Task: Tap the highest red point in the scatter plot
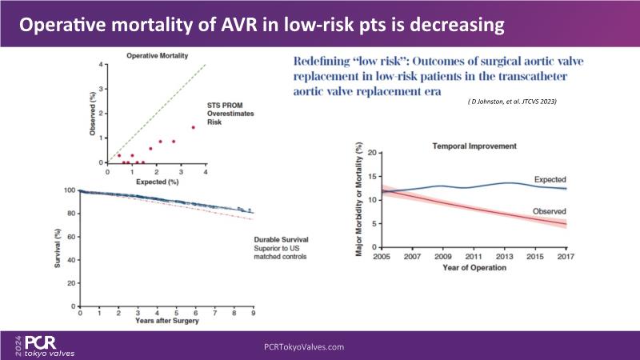(193, 127)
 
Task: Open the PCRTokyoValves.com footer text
(304, 346)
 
